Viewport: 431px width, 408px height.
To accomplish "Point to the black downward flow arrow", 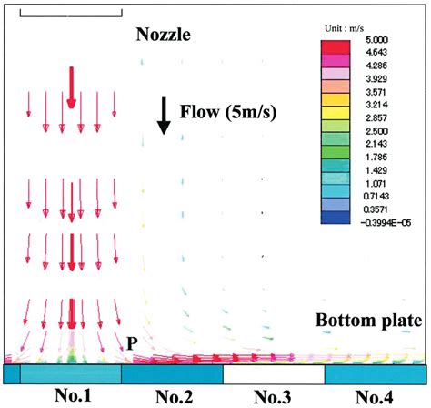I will coord(164,115).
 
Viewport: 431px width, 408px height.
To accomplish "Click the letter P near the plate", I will coord(132,342).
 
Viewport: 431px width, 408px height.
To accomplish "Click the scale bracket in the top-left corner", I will coord(69,13).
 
